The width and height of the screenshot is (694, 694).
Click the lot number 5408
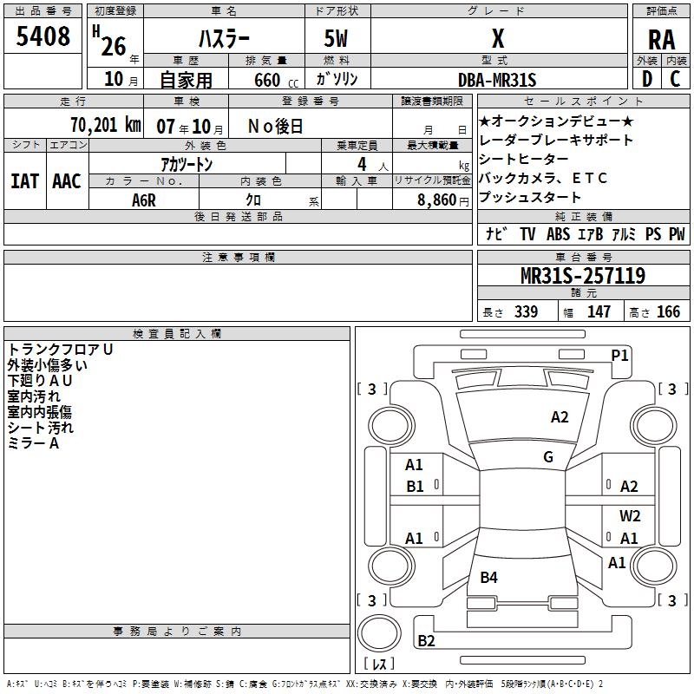click(43, 36)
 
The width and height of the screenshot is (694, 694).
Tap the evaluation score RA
click(661, 40)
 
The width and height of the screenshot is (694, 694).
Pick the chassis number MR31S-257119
click(582, 276)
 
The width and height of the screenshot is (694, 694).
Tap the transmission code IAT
click(23, 181)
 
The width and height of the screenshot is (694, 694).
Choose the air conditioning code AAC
click(67, 181)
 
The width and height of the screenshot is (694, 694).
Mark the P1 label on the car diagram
click(619, 355)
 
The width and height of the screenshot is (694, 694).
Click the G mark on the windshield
click(547, 457)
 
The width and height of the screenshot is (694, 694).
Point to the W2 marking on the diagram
click(630, 515)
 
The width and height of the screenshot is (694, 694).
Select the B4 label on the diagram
click(489, 578)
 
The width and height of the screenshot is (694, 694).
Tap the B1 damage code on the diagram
click(415, 487)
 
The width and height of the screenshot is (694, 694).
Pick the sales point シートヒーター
click(523, 159)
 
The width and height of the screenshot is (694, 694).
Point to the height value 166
click(668, 311)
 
